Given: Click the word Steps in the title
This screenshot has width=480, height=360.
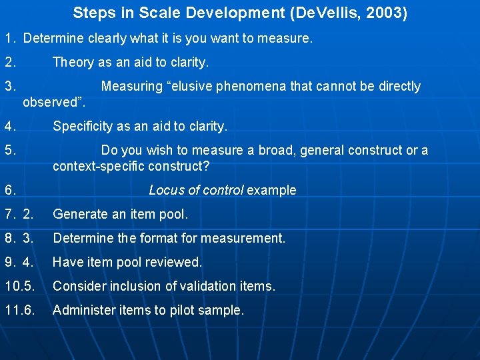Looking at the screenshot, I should pyautogui.click(x=93, y=13).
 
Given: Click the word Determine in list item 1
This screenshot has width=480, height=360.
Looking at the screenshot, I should pyautogui.click(x=51, y=39).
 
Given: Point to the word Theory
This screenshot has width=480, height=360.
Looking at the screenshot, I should pyautogui.click(x=73, y=63).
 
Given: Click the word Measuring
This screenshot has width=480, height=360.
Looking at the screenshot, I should pyautogui.click(x=132, y=87).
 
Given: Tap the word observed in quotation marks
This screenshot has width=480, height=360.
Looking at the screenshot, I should pyautogui.click(x=50, y=103).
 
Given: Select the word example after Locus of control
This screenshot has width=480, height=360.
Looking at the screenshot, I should pyautogui.click(x=271, y=191).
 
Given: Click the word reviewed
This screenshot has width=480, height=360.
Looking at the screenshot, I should pyautogui.click(x=175, y=262).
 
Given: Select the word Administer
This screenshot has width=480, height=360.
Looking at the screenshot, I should pyautogui.click(x=81, y=310).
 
